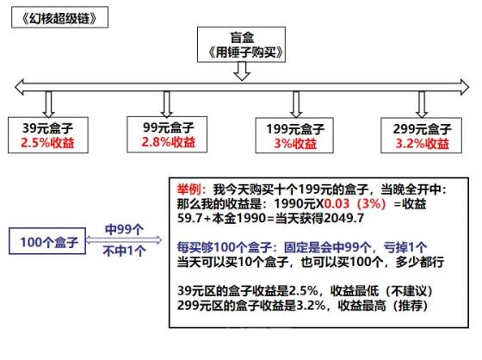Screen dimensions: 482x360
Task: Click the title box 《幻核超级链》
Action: (59, 17)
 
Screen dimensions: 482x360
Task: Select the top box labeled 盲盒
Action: (241, 45)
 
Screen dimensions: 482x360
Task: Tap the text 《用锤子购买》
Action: (245, 53)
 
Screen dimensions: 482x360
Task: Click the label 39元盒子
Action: (47, 128)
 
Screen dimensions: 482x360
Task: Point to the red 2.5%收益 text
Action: (47, 143)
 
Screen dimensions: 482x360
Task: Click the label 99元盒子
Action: (169, 127)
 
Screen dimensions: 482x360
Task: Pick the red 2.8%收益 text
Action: (169, 142)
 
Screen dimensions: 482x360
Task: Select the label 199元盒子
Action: (295, 129)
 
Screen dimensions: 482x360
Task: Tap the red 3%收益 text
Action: (295, 143)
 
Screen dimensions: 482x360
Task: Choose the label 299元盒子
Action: (422, 129)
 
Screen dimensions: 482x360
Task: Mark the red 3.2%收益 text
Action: (422, 143)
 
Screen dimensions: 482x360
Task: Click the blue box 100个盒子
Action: (47, 241)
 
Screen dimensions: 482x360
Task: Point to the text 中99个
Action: (124, 230)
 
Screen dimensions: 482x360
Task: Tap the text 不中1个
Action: (124, 251)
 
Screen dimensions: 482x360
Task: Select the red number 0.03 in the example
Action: (337, 204)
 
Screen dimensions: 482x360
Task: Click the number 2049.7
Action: (344, 218)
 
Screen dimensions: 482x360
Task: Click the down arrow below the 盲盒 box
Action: (242, 71)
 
